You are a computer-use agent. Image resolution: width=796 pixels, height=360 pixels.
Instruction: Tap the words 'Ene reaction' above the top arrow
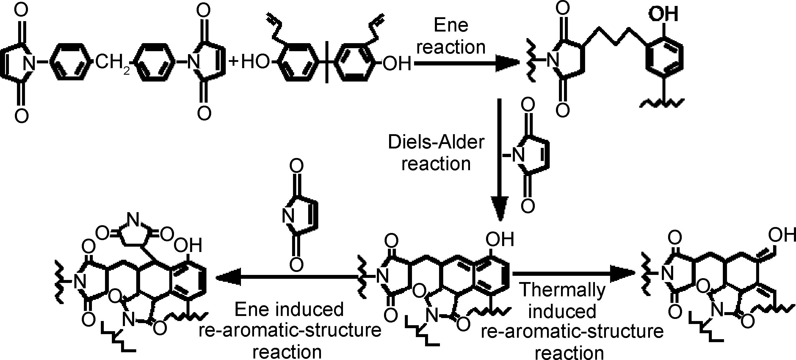451,36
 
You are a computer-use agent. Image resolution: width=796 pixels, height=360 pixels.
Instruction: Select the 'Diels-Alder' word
436,143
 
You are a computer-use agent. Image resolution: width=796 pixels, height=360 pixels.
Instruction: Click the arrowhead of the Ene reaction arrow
507,64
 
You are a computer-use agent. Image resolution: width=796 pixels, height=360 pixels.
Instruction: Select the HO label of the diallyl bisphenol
255,62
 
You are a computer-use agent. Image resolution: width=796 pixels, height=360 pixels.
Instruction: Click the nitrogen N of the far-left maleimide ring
30,63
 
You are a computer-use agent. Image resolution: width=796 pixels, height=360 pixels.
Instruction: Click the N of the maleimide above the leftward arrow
288,215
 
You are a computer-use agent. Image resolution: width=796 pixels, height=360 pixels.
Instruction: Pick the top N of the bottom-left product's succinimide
133,219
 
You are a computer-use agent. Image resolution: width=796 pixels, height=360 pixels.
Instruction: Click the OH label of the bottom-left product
188,245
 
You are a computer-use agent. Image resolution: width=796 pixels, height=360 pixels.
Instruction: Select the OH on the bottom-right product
781,234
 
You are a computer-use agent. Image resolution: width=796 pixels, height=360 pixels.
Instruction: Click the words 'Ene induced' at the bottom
289,309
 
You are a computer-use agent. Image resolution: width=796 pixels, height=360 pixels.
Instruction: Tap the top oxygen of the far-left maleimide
21,10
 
